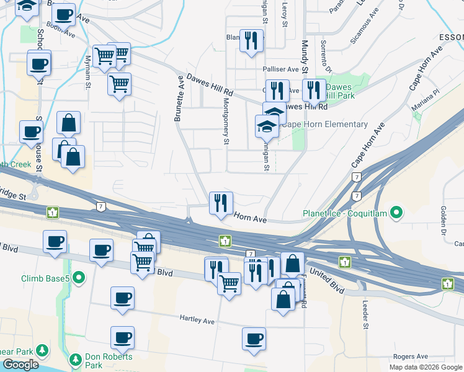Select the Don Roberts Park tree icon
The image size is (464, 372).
point(75,359)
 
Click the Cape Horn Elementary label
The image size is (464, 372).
point(324,124)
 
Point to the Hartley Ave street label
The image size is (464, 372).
point(197,321)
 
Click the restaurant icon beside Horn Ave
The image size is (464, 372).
point(221,202)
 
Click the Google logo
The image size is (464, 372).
point(20,365)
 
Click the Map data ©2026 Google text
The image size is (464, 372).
point(425,367)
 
